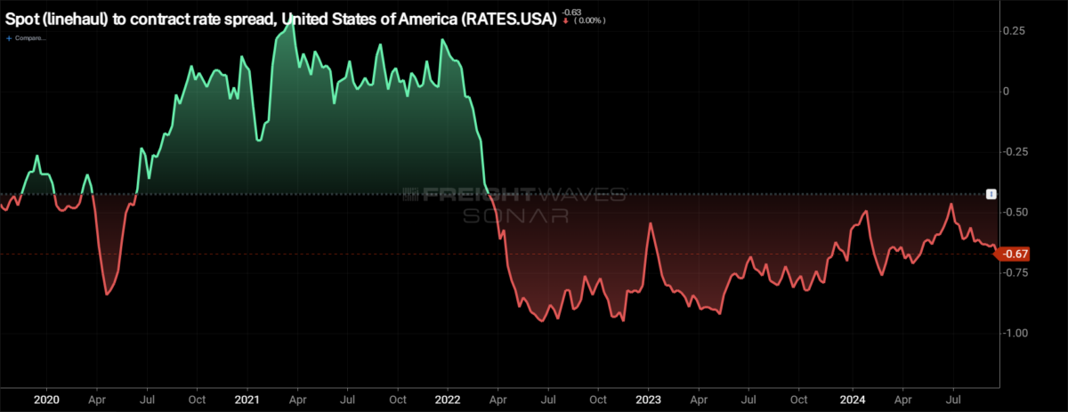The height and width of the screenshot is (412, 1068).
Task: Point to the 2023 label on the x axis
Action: (649, 401)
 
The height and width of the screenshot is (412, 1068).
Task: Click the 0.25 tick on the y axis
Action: (1014, 31)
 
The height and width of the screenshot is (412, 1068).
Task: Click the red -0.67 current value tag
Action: (1015, 254)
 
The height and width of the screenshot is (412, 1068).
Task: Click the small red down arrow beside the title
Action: (566, 20)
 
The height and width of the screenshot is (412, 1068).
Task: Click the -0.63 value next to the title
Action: (570, 10)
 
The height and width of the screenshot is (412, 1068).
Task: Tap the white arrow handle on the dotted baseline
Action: (991, 194)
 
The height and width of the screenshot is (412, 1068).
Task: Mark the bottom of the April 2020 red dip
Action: (107, 294)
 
